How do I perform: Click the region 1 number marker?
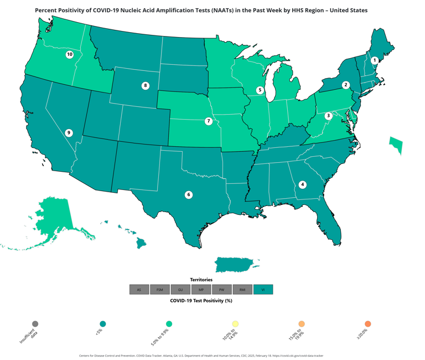pos(375,60)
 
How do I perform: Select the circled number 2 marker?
pos(346,85)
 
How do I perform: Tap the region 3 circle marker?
pos(328,116)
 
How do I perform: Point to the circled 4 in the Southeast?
pos(303,184)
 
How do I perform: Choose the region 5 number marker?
pos(260,90)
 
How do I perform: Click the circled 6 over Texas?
pos(189,194)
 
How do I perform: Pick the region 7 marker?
pos(209,121)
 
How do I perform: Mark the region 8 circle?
pos(146,85)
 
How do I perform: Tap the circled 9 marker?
pos(69,132)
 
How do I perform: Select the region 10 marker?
pos(70,54)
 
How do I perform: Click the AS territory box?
pos(139,290)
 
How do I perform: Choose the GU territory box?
pos(180,290)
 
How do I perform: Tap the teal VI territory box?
pos(263,290)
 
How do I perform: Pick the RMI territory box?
pos(242,290)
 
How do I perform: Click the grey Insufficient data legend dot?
pos(35,324)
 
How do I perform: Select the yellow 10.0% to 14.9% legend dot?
pos(235,324)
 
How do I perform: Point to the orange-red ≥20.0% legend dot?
pos(368,324)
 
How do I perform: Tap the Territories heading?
pos(201,280)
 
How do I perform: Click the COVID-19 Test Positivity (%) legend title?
pos(201,300)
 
